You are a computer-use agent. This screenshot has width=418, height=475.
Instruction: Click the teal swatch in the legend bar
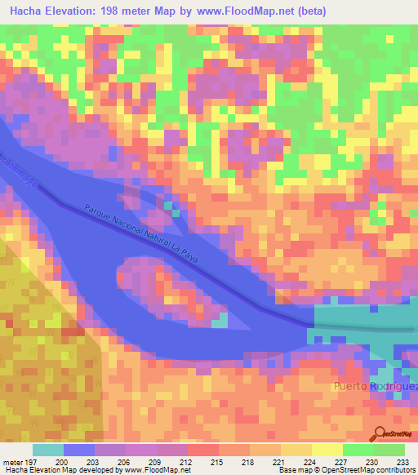(x=48, y=450)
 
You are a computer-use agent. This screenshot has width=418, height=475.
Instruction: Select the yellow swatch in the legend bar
(x=327, y=450)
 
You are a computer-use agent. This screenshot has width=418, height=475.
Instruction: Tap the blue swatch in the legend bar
(x=79, y=450)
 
